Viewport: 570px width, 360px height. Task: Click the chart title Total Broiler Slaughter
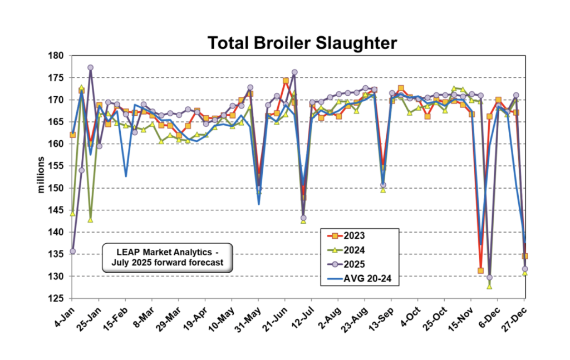[x=302, y=43]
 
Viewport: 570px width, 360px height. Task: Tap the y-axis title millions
[x=42, y=177]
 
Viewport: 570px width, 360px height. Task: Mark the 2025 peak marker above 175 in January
[x=90, y=68]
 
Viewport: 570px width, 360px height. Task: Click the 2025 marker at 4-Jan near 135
[x=72, y=251]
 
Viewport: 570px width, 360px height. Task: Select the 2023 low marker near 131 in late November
[x=480, y=271]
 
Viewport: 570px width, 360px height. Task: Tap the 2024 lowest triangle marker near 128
[x=489, y=287]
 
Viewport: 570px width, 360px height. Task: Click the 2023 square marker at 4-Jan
[x=72, y=135]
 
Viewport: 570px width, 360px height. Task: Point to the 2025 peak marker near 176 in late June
[x=294, y=72]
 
